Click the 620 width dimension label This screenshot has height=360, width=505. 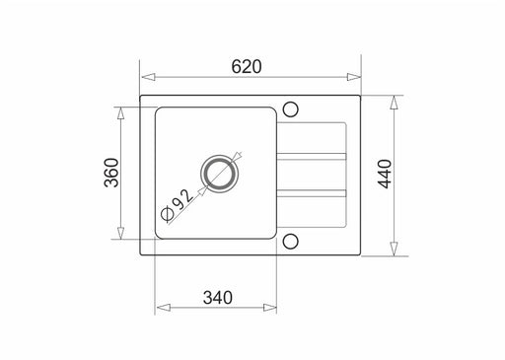pyautogui.click(x=247, y=66)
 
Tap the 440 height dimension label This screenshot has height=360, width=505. pyautogui.click(x=385, y=174)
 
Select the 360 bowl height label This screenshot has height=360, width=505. pyautogui.click(x=111, y=173)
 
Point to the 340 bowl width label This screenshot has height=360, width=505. pyautogui.click(x=218, y=298)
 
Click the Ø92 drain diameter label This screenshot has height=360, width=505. pyautogui.click(x=177, y=205)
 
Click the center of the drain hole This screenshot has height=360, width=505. pyautogui.click(x=219, y=175)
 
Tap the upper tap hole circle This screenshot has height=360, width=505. pyautogui.click(x=290, y=109)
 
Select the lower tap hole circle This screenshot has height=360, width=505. pyautogui.click(x=290, y=242)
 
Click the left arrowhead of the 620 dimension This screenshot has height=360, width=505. pyautogui.click(x=148, y=77)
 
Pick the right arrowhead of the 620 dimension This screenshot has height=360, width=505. pyautogui.click(x=354, y=77)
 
